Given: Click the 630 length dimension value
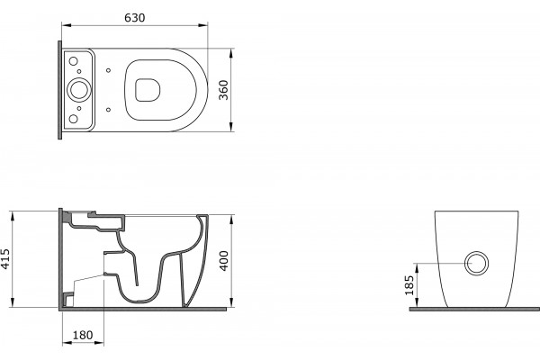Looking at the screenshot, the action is coord(135,18).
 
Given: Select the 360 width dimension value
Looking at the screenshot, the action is coord(223,90).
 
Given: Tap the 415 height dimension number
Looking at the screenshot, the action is coord(5,258).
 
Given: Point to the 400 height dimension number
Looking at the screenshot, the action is coord(224,261).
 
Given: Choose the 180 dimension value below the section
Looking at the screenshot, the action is coord(83,335).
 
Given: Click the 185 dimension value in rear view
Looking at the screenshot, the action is coord(409,285).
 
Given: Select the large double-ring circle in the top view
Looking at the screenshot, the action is coord(79,90).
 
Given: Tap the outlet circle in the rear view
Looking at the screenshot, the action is coord(477,264).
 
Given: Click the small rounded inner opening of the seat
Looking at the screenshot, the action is coord(148,90).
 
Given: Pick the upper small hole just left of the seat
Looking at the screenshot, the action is coord(109,70).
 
